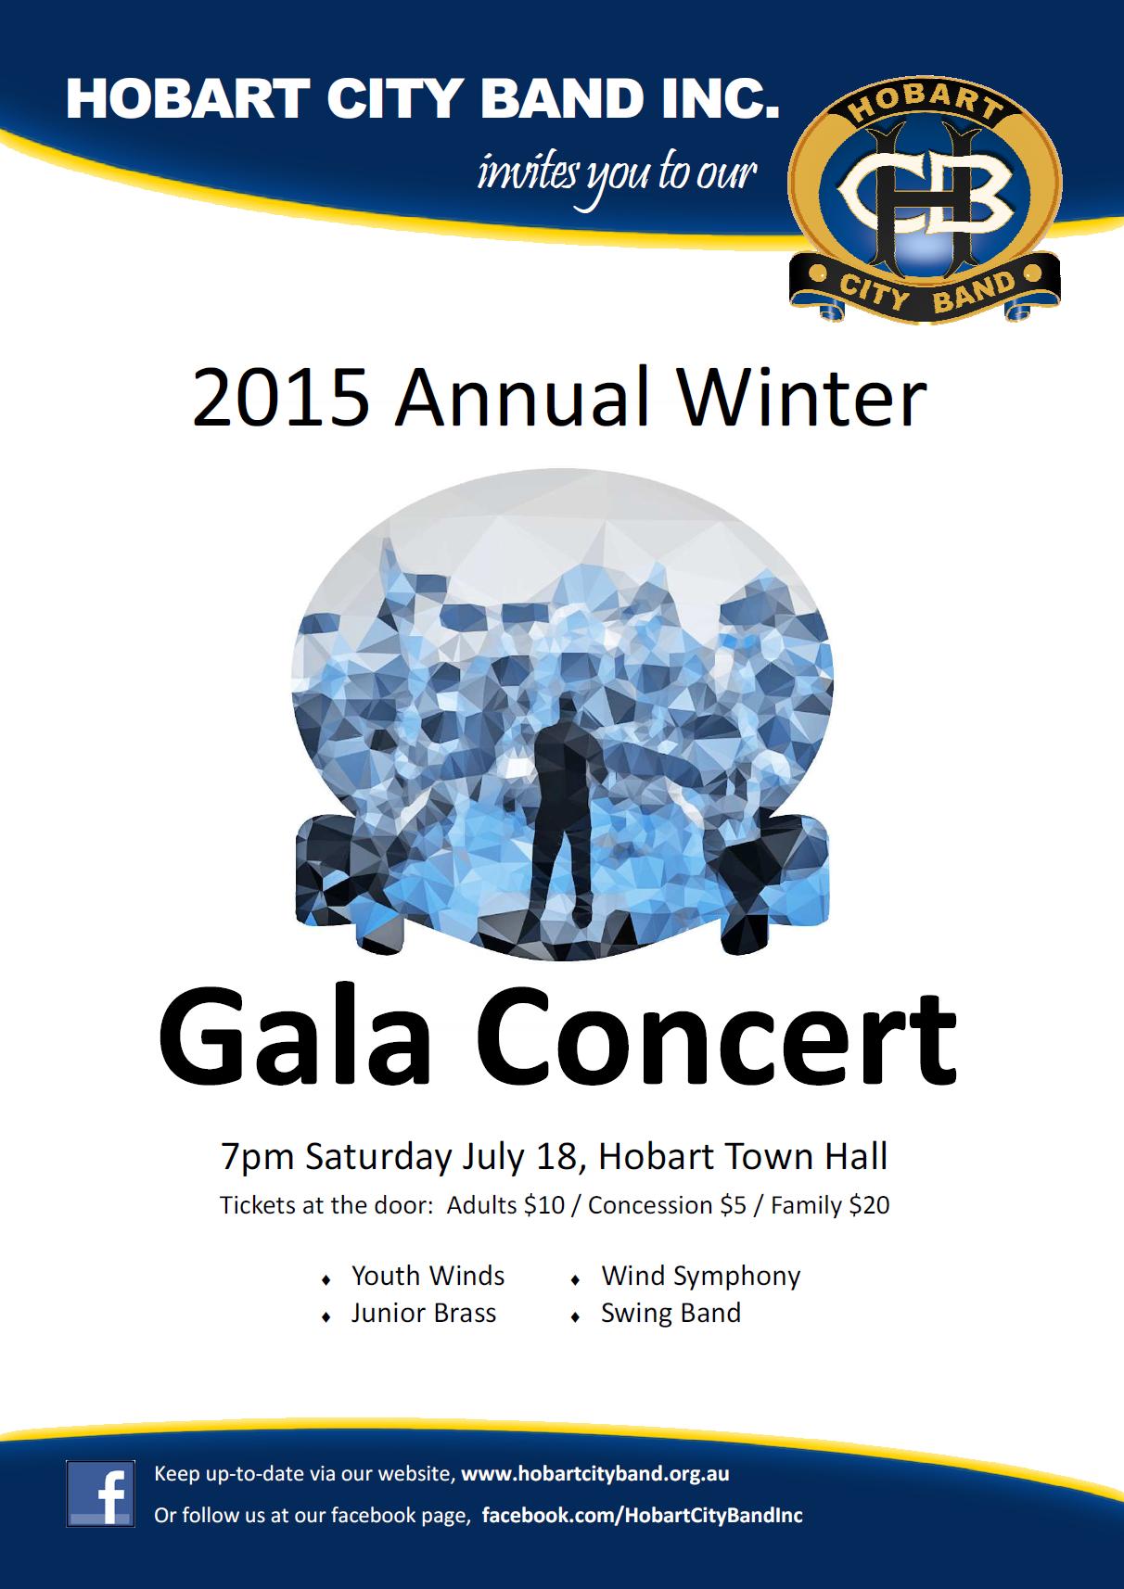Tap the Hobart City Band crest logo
tap(925, 199)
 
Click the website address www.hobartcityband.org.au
tap(594, 1473)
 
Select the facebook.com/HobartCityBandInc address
tap(642, 1515)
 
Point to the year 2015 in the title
tap(280, 398)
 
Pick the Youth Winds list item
tap(428, 1277)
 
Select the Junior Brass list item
tap(424, 1313)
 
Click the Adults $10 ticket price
tap(505, 1205)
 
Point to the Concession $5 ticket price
tap(667, 1205)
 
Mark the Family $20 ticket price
tap(830, 1206)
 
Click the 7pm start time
tap(257, 1158)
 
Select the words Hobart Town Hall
tap(743, 1156)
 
